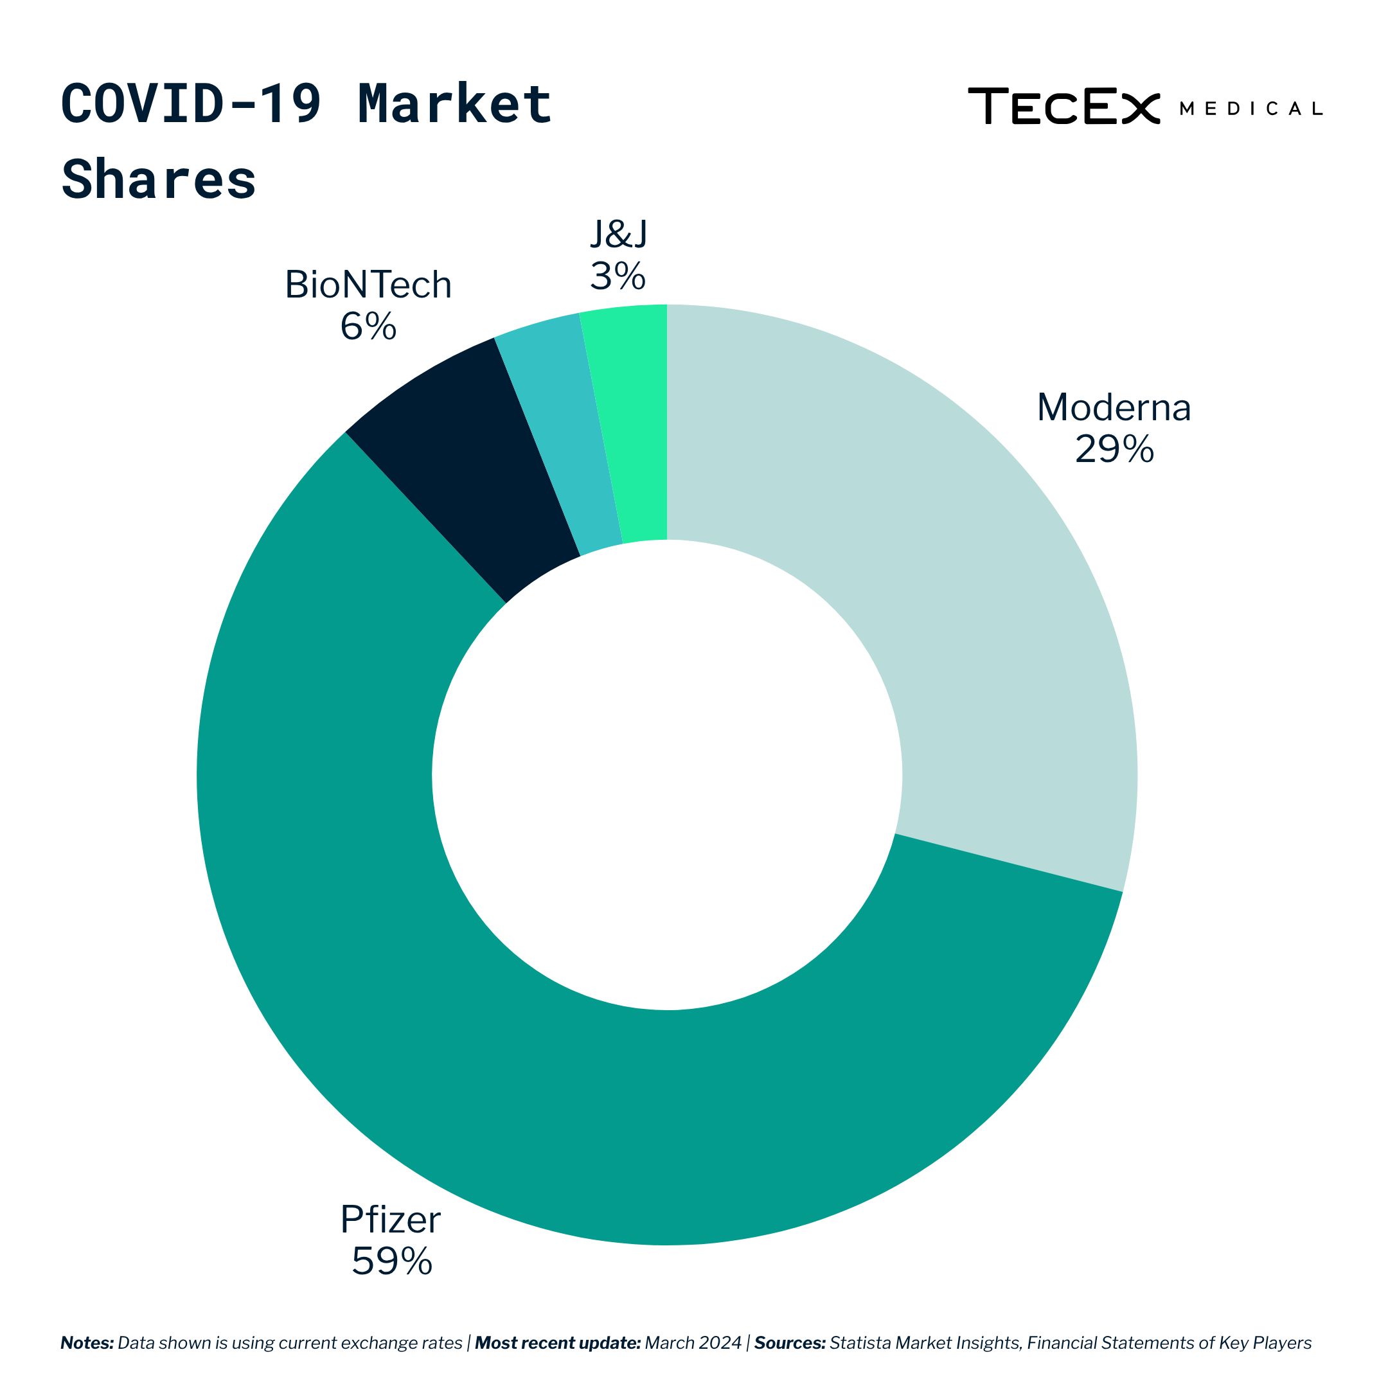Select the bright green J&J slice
636,424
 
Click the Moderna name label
1114,407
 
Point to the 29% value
1114,450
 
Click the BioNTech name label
368,285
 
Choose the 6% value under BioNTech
368,327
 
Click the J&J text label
618,234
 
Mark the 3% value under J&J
618,276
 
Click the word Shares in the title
159,180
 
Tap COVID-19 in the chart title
190,104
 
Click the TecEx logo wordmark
1063,106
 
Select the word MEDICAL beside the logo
1250,109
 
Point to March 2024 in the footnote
693,1343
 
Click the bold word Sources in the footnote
790,1343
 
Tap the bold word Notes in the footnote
87,1343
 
